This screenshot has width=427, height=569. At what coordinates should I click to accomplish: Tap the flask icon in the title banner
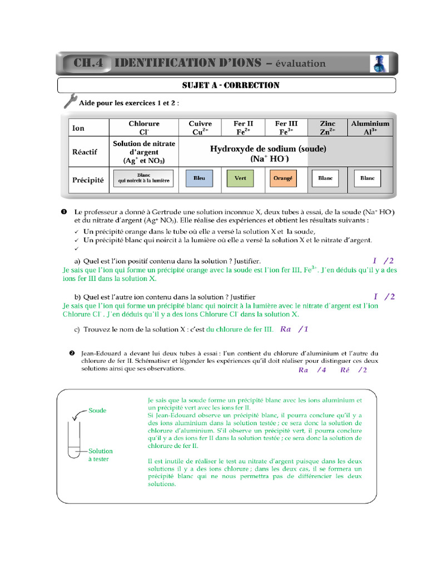pyautogui.click(x=379, y=64)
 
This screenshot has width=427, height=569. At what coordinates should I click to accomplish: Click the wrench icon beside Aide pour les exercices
pyautogui.click(x=70, y=101)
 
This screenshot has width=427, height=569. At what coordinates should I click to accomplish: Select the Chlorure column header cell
pyautogui.click(x=144, y=128)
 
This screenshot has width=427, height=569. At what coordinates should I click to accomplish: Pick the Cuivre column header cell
pyautogui.click(x=200, y=128)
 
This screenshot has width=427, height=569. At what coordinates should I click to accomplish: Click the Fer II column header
pyautogui.click(x=241, y=128)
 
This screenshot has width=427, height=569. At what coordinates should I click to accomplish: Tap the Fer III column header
pyautogui.click(x=284, y=128)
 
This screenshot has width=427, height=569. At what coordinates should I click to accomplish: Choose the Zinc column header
pyautogui.click(x=327, y=128)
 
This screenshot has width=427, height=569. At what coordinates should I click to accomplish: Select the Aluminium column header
pyautogui.click(x=370, y=128)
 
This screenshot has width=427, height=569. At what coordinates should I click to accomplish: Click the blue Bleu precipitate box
pyautogui.click(x=199, y=178)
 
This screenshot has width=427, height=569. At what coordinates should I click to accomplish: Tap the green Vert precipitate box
pyautogui.click(x=240, y=178)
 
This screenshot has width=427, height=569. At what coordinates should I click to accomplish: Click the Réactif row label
pyautogui.click(x=85, y=152)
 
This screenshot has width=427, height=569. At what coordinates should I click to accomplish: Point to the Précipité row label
pyautogui.click(x=88, y=180)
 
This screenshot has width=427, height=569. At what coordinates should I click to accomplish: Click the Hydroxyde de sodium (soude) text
pyautogui.click(x=268, y=149)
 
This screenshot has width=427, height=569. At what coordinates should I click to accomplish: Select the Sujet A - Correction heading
pyautogui.click(x=227, y=85)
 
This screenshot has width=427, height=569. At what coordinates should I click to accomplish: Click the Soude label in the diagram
pyautogui.click(x=97, y=411)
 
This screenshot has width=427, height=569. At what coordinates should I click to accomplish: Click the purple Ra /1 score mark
pyautogui.click(x=294, y=329)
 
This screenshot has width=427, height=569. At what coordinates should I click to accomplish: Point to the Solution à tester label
pyautogui.click(x=100, y=455)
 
